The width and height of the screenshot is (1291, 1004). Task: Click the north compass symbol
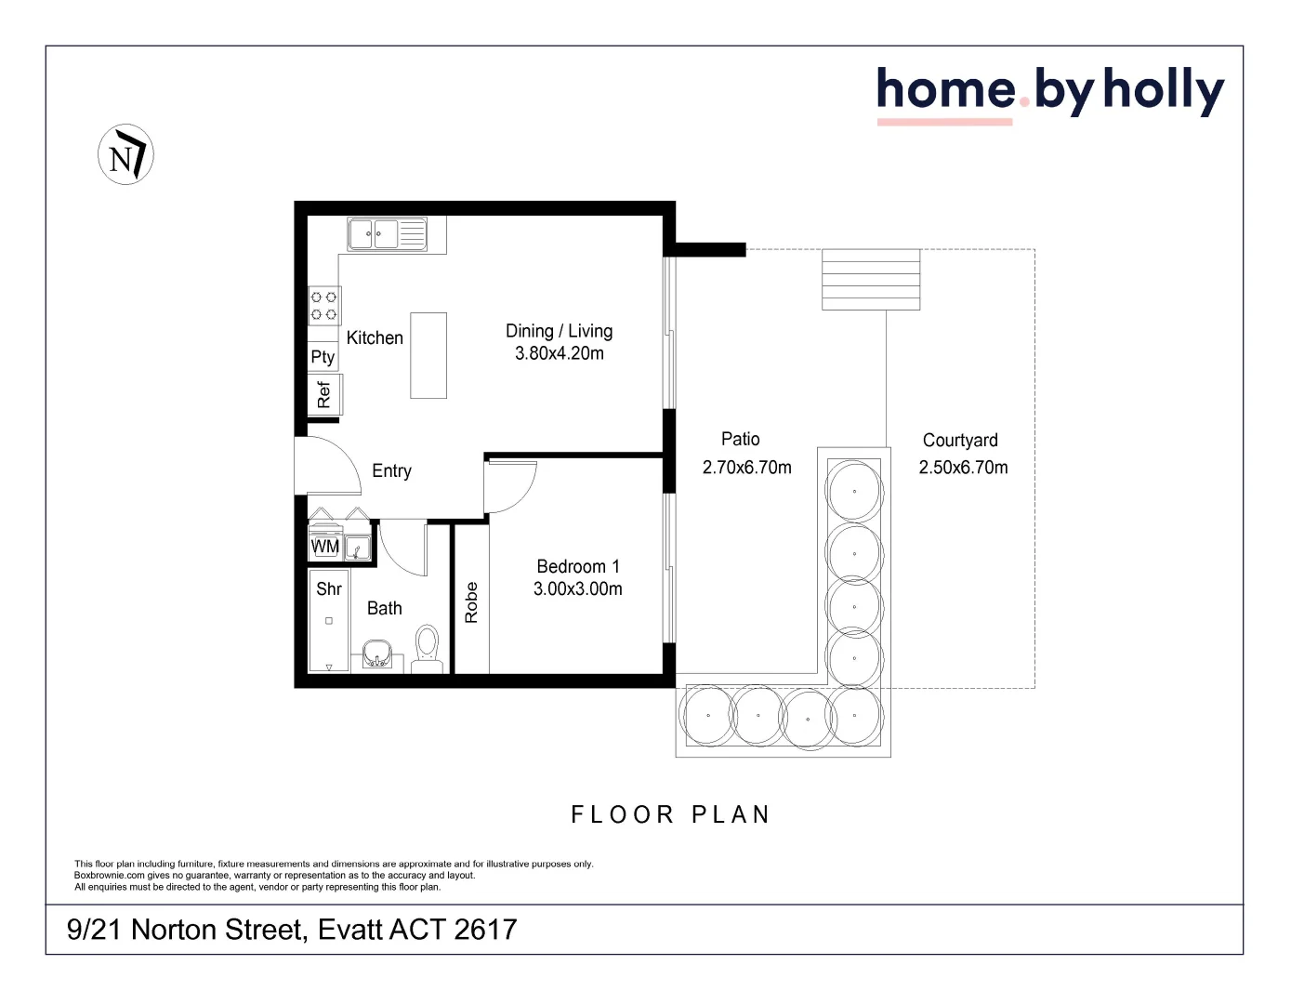pyautogui.click(x=125, y=154)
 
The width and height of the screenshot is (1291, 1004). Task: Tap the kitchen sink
pyautogui.click(x=374, y=234)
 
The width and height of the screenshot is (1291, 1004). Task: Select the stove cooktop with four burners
pyautogui.click(x=323, y=306)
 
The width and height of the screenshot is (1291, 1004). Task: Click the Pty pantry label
pyautogui.click(x=323, y=357)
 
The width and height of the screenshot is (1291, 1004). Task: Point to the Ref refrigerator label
pyautogui.click(x=323, y=395)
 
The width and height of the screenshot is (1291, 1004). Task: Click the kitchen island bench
pyautogui.click(x=428, y=355)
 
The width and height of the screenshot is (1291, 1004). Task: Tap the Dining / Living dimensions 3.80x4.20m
pyautogui.click(x=560, y=354)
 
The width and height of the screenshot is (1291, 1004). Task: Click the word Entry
pyautogui.click(x=391, y=471)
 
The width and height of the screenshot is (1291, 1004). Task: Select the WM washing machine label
pyautogui.click(x=325, y=547)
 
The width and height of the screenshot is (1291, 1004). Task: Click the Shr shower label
pyautogui.click(x=329, y=589)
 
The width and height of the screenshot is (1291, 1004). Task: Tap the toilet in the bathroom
pyautogui.click(x=428, y=646)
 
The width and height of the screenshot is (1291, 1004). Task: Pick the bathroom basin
pyautogui.click(x=376, y=654)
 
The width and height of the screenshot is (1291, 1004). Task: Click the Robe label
pyautogui.click(x=471, y=602)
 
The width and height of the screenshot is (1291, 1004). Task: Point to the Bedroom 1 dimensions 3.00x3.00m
pyautogui.click(x=577, y=589)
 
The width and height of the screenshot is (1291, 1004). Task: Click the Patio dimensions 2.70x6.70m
pyautogui.click(x=746, y=468)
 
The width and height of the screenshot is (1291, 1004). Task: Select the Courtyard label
pyautogui.click(x=960, y=441)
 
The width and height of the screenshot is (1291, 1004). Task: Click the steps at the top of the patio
pyautogui.click(x=871, y=279)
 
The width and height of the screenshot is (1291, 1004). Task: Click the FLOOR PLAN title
pyautogui.click(x=670, y=815)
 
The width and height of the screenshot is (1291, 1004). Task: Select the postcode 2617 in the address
pyautogui.click(x=485, y=930)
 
